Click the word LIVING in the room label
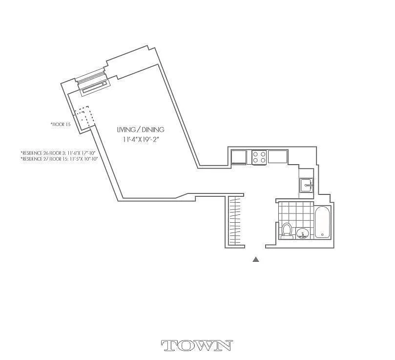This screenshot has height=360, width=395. point(125,130)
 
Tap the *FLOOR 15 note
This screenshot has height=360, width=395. point(61,125)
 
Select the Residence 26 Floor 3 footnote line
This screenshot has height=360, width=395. point(59,152)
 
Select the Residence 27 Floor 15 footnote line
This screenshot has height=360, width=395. point(59,159)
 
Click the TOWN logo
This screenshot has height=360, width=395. point(196,346)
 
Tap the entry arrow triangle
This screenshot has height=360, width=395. point(255,259)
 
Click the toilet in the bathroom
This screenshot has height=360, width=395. point(287,231)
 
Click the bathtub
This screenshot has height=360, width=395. point(323,222)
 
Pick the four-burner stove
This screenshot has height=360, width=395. point(259,157)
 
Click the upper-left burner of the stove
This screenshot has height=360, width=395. point(256,153)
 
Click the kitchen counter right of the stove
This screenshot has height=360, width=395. point(278,157)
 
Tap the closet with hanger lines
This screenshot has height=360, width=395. point(235,220)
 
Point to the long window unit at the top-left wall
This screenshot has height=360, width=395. point(95,86)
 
